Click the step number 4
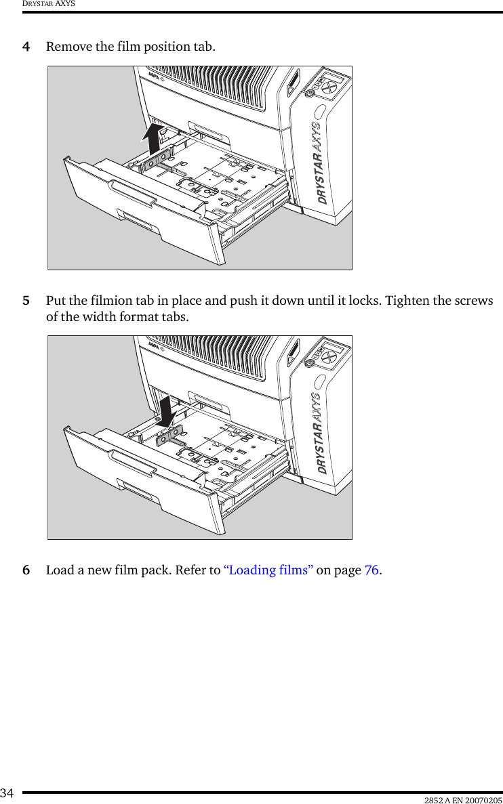point(26,47)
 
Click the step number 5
point(26,301)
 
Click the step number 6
point(26,570)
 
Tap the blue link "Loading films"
point(268,570)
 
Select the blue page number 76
point(371,570)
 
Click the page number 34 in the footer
point(7,792)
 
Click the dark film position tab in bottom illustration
point(169,436)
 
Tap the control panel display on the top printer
point(332,78)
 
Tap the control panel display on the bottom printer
point(332,347)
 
